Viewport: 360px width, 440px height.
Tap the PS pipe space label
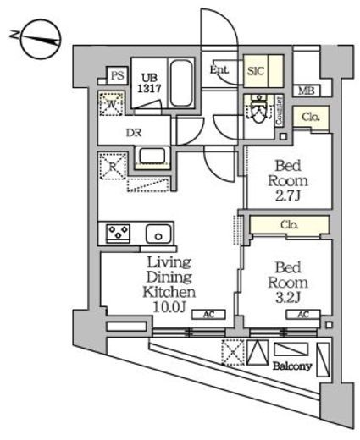point(118,76)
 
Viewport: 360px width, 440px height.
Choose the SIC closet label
point(256,72)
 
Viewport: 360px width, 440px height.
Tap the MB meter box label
point(305,91)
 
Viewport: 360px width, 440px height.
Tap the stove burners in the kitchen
point(116,233)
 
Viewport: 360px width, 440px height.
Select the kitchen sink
point(158,234)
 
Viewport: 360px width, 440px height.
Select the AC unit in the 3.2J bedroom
point(302,315)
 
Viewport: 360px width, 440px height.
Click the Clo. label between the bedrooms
point(289,225)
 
